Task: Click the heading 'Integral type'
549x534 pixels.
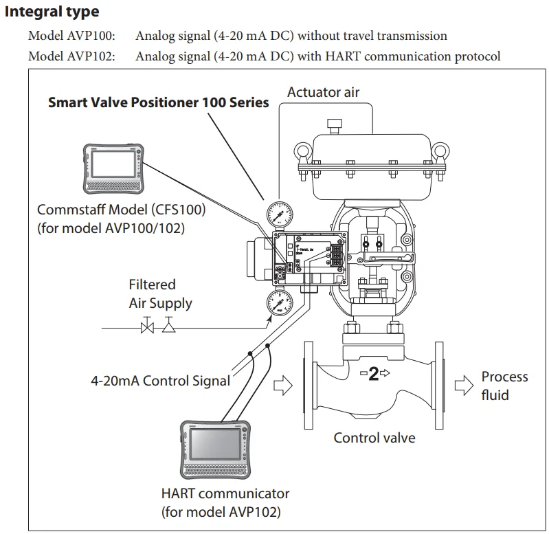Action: [52, 12]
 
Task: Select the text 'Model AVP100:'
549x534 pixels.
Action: [71, 36]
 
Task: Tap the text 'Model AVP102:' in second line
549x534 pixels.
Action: [71, 56]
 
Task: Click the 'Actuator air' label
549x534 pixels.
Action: [323, 92]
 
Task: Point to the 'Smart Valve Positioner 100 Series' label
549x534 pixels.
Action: [158, 103]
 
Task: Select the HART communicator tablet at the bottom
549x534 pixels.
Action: [214, 447]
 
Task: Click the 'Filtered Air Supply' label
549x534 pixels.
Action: [160, 293]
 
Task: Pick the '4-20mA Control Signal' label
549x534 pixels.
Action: [161, 381]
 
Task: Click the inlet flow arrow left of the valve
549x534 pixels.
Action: [282, 387]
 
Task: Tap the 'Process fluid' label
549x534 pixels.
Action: [504, 386]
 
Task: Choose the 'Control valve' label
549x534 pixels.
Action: [374, 437]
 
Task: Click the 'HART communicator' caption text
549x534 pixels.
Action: [225, 493]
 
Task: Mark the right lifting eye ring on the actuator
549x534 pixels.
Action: [440, 151]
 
